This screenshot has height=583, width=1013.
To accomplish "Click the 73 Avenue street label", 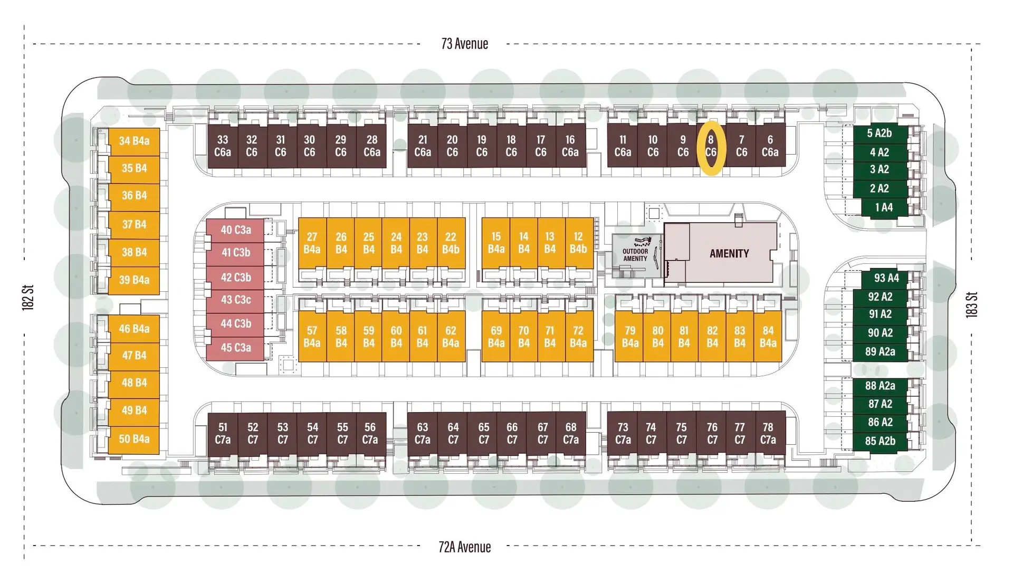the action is click(464, 44).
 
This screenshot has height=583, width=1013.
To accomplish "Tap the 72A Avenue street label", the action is click(464, 547).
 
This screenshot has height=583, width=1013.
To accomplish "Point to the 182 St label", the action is click(28, 297).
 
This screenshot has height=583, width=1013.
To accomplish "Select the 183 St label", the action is click(971, 304).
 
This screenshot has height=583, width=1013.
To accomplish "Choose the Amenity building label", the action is click(729, 254).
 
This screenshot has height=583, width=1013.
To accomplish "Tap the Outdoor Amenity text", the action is click(635, 255).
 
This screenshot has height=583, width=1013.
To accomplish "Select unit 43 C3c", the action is click(236, 300).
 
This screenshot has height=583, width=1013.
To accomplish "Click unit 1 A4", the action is click(884, 207).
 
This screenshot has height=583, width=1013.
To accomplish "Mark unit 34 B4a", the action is click(134, 141).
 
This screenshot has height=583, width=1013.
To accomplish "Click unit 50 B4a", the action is click(134, 439).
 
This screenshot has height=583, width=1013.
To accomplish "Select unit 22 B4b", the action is click(451, 243).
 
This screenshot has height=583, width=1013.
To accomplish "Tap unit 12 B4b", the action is click(578, 243).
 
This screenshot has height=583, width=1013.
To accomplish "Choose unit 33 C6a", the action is click(223, 146).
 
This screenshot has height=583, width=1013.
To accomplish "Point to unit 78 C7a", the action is click(768, 433).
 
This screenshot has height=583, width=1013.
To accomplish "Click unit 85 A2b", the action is click(880, 441).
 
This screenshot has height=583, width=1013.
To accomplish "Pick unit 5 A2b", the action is click(880, 133).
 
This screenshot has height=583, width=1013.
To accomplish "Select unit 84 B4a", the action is click(768, 337).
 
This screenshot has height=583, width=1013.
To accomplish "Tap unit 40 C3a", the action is click(236, 230).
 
